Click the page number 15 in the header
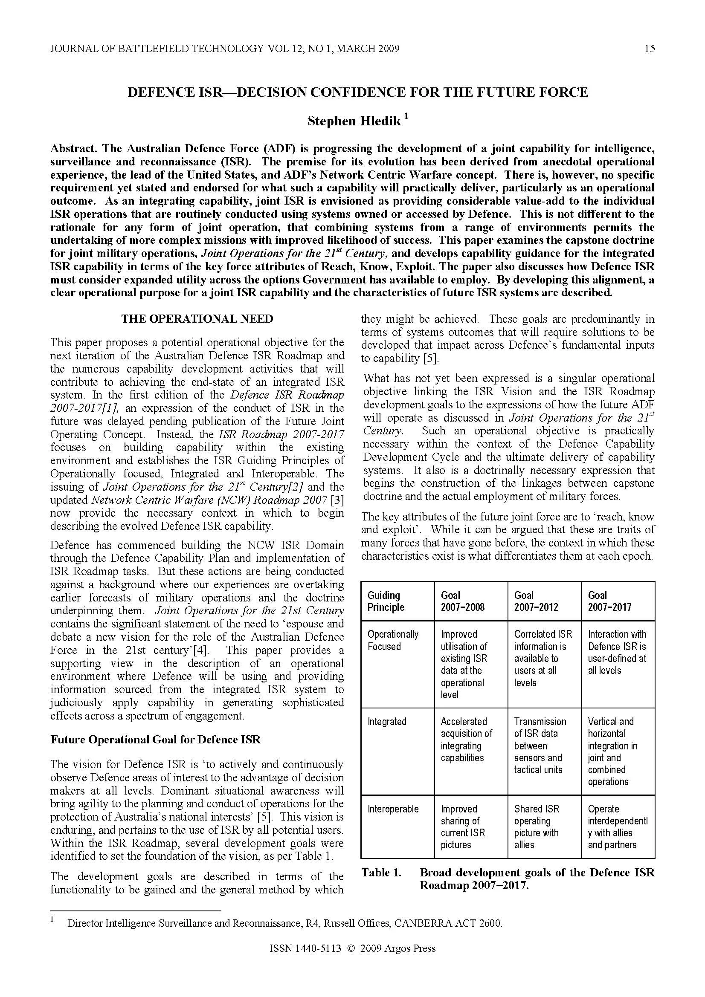(x=650, y=49)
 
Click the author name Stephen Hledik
(x=354, y=121)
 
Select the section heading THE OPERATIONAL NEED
(x=197, y=319)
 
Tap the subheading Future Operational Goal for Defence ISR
(x=156, y=740)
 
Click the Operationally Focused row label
(x=393, y=640)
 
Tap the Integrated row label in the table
(x=386, y=722)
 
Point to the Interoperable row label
(x=393, y=809)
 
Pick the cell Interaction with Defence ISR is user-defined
(x=617, y=652)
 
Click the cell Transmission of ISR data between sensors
(x=540, y=746)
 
